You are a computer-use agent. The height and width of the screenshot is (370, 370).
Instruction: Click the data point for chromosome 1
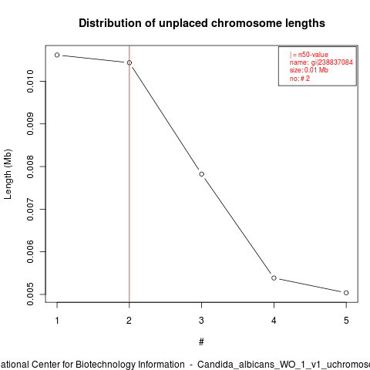pyautogui.click(x=57, y=55)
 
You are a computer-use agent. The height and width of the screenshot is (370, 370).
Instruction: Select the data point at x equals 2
pyautogui.click(x=129, y=62)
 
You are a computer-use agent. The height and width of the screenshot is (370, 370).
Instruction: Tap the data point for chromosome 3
pyautogui.click(x=202, y=174)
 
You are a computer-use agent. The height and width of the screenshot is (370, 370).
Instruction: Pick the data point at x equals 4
pyautogui.click(x=274, y=278)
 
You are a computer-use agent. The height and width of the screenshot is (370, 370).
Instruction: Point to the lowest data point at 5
pyautogui.click(x=346, y=293)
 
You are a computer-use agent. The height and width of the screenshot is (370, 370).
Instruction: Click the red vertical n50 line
pyautogui.click(x=129, y=174)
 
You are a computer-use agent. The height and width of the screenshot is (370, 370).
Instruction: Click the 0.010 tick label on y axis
pyautogui.click(x=30, y=81)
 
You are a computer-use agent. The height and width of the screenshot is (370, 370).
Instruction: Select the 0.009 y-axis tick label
pyautogui.click(x=30, y=123)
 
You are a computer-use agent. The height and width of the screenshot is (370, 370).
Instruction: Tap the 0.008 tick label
pyautogui.click(x=30, y=166)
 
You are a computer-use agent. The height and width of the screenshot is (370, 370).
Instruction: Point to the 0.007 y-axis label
pyautogui.click(x=30, y=209)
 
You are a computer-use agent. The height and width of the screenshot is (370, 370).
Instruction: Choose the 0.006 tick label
pyautogui.click(x=30, y=251)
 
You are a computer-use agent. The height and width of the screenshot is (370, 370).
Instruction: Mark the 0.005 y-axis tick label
pyautogui.click(x=30, y=294)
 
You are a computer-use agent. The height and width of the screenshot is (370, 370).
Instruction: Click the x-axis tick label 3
pyautogui.click(x=201, y=321)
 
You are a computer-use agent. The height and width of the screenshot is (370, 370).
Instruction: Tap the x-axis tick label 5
pyautogui.click(x=346, y=321)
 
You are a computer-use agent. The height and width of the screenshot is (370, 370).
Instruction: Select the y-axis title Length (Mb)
pyautogui.click(x=8, y=174)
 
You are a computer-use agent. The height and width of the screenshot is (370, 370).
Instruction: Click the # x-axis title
pyautogui.click(x=201, y=342)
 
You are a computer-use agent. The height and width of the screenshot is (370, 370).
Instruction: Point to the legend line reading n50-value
pyautogui.click(x=309, y=55)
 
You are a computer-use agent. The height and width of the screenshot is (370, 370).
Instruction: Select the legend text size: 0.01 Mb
pyautogui.click(x=309, y=70)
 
